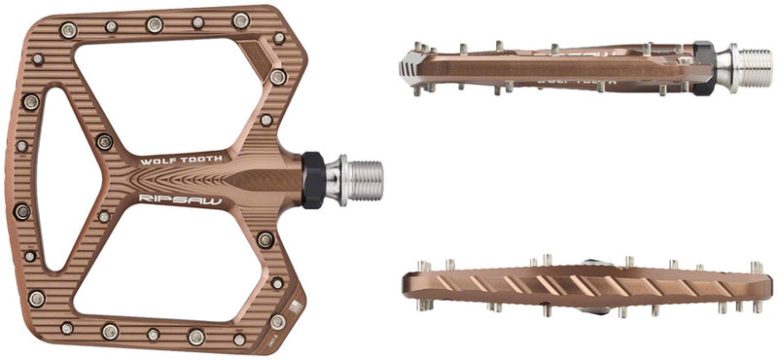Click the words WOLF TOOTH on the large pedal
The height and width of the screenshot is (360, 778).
182,159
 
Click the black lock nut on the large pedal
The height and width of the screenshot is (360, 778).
312,180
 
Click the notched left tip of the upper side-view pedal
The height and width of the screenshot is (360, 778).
409,66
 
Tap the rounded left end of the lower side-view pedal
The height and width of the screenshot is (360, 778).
409,285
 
